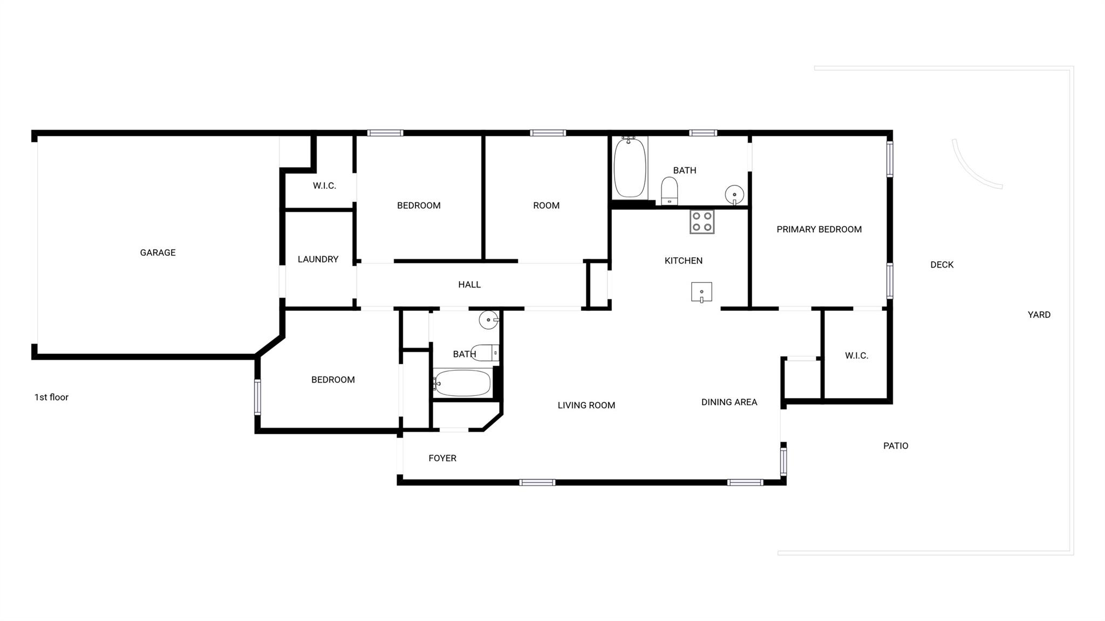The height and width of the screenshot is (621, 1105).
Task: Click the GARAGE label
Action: point(158,253)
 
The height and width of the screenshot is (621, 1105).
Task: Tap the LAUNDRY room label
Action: point(318,260)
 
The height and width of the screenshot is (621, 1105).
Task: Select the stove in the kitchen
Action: point(702,222)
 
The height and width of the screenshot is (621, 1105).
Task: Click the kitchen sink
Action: point(701,292)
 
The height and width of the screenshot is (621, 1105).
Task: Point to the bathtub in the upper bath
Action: point(630,168)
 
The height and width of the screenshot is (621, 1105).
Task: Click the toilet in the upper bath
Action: point(670,191)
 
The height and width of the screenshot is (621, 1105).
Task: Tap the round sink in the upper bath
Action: point(734,194)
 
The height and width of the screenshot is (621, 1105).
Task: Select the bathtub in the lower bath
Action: point(462,383)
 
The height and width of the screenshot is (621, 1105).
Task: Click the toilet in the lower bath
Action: point(485,352)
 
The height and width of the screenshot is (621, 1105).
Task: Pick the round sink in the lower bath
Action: point(488,320)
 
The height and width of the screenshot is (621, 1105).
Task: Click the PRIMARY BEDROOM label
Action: point(818,229)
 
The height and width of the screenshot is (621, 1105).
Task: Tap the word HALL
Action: point(469,285)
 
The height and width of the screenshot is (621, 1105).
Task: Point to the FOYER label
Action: point(442,458)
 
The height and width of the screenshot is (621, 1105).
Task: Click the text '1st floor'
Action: point(51,397)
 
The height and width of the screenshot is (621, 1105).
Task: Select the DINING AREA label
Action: point(729,402)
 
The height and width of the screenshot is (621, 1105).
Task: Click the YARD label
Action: point(1039,315)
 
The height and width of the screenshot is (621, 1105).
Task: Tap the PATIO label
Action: point(896,446)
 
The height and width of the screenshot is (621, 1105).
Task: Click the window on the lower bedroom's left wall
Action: point(257,397)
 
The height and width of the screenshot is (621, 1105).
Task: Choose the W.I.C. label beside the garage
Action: point(324,186)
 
